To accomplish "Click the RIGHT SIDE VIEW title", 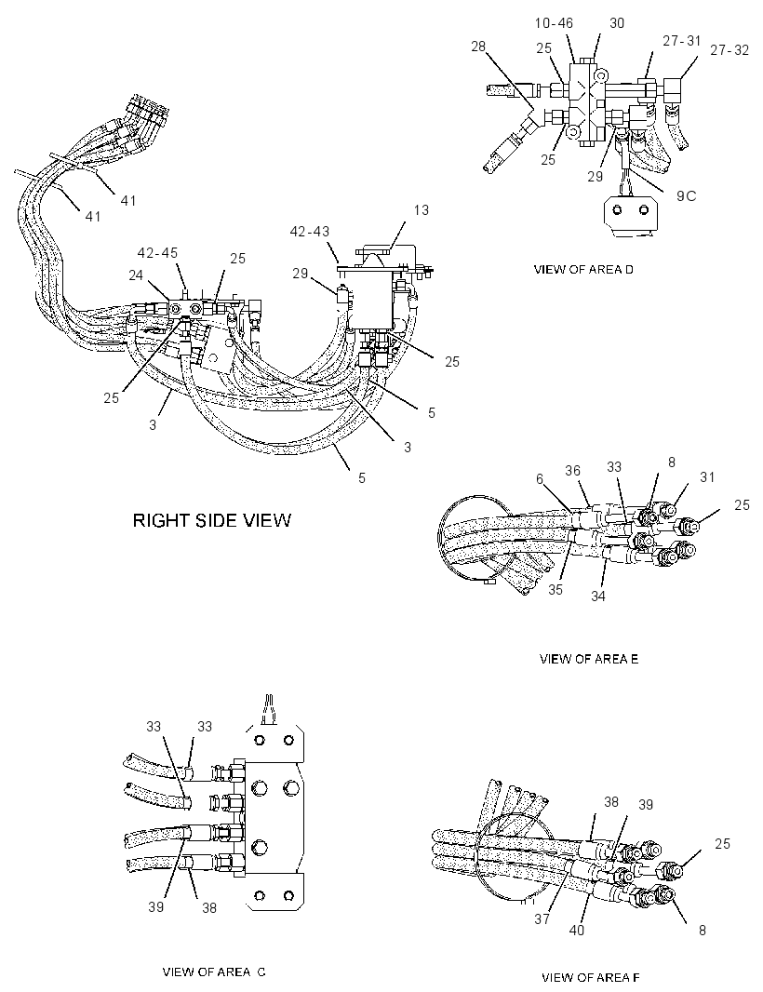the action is [x=212, y=521].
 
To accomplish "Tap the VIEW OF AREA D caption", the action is [x=583, y=270].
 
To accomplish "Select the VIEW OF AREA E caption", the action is [x=588, y=659].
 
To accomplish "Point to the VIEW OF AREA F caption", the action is [x=591, y=977].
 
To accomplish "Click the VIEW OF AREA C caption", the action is [x=214, y=972].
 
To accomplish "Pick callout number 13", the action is [x=422, y=210].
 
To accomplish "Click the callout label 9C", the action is [x=687, y=196].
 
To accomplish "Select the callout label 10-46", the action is [x=554, y=23].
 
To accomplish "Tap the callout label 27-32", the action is [x=730, y=50].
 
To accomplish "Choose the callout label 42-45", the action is [x=157, y=253].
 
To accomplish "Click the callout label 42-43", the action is [x=310, y=232].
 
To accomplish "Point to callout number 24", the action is [x=137, y=275].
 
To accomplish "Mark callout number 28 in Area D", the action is [x=478, y=46].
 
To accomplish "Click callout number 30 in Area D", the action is [x=617, y=23].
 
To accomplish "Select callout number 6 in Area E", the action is [x=540, y=479].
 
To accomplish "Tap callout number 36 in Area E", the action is [x=572, y=471].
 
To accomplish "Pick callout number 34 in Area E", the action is [x=598, y=596].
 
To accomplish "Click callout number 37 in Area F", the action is [x=542, y=919].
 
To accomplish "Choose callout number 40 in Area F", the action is [x=576, y=930].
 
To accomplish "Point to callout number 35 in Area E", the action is [x=556, y=590].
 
